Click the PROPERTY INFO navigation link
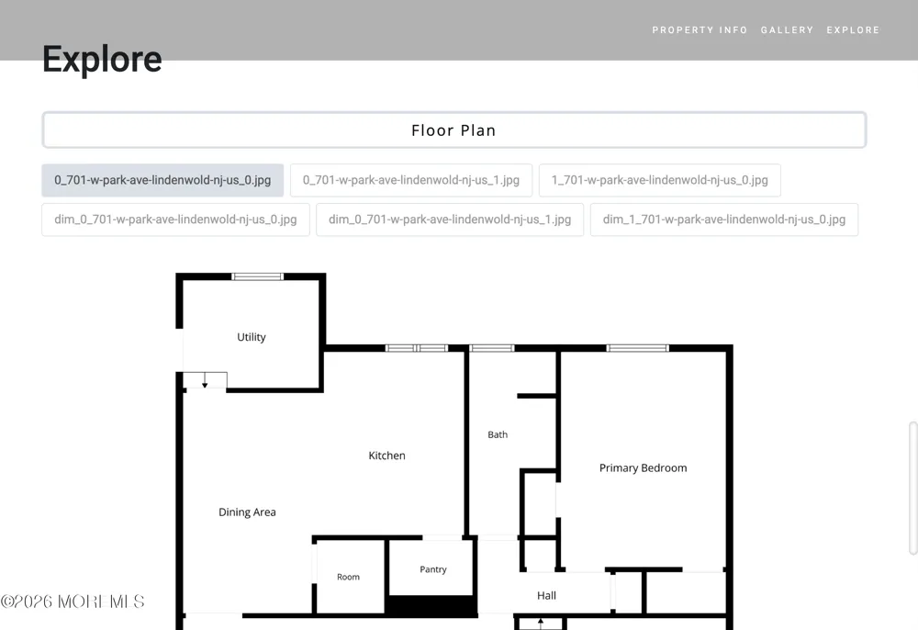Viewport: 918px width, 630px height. click(700, 30)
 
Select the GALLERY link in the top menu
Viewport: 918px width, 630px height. click(787, 30)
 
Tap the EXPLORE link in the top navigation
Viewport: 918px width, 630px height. click(853, 30)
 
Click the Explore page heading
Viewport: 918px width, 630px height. click(102, 59)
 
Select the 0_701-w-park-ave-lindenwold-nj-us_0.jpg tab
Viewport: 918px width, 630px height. click(162, 180)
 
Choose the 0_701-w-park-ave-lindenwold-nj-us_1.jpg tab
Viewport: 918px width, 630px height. click(411, 180)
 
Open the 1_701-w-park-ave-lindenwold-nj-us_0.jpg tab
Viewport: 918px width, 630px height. click(660, 180)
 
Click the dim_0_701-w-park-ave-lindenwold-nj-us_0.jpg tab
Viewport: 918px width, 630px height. click(175, 219)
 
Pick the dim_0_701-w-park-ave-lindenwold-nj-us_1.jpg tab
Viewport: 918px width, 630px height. click(450, 219)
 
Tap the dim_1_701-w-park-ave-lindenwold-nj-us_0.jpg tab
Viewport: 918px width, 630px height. click(724, 219)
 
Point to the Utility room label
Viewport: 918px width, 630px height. click(252, 337)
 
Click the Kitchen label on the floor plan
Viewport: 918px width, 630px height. click(387, 456)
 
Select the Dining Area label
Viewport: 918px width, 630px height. click(247, 512)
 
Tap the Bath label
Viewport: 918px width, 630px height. click(498, 434)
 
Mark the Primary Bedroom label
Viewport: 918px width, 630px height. click(643, 467)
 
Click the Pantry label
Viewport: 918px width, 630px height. click(433, 569)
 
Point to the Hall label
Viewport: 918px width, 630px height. click(547, 595)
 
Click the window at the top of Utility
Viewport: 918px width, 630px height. click(258, 276)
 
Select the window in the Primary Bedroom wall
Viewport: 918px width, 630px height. click(638, 348)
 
